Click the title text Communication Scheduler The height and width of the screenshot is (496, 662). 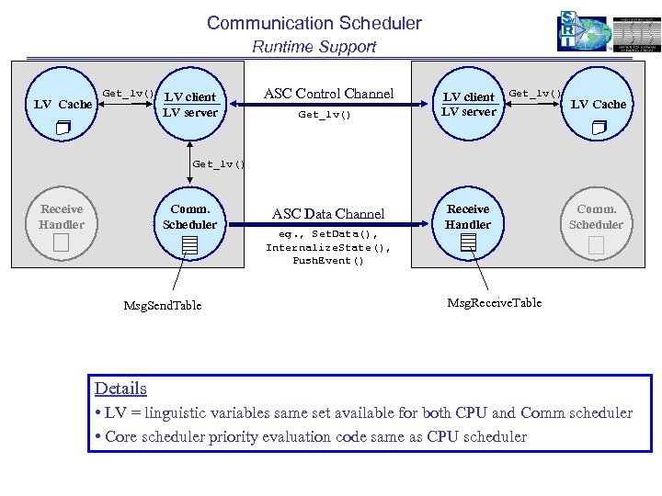[314, 23]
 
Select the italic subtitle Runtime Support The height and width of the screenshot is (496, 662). [314, 47]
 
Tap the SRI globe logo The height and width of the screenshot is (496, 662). [583, 32]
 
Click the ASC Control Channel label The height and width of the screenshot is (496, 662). [328, 94]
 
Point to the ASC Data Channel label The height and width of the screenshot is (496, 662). [327, 214]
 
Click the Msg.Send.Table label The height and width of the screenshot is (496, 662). [162, 305]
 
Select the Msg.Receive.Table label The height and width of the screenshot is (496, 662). [494, 302]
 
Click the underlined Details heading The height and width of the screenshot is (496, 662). [120, 389]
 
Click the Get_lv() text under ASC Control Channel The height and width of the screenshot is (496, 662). [325, 116]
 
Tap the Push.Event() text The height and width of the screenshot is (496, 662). [328, 261]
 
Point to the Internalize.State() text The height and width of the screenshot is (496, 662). [328, 247]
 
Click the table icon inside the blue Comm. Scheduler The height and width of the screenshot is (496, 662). [189, 244]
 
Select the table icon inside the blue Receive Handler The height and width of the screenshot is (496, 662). [468, 242]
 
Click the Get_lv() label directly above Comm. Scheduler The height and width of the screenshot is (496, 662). [219, 164]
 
